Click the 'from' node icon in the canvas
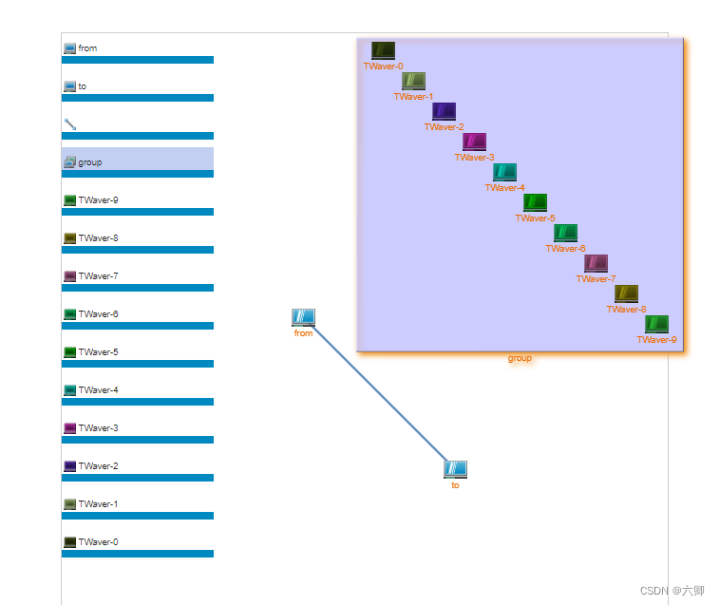(303, 317)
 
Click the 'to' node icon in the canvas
(455, 469)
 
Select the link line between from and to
(380, 394)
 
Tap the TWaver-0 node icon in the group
(383, 50)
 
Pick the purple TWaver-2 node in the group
(444, 111)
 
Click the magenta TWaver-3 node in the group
(474, 142)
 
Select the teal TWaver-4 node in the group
(504, 172)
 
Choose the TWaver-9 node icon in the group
(656, 324)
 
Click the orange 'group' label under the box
(520, 358)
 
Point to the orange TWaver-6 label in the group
(565, 249)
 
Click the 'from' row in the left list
(87, 48)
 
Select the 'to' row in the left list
(82, 86)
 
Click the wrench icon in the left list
(69, 124)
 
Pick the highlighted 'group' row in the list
(89, 162)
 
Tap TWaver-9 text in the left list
(98, 200)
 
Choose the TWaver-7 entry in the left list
(98, 276)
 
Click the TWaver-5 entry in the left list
(98, 352)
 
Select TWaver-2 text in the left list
(98, 466)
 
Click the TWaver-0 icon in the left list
(69, 542)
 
